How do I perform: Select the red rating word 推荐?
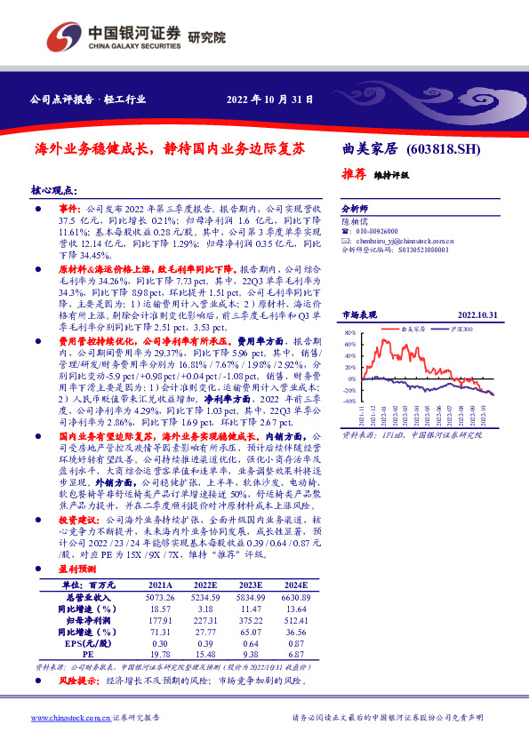point(355,174)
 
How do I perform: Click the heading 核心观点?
point(53,191)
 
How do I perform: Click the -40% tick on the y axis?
point(349,401)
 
